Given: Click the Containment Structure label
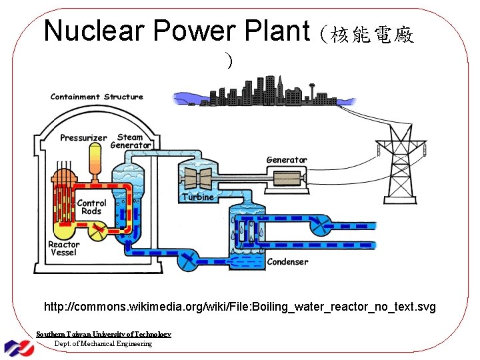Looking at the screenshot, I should tap(97, 97).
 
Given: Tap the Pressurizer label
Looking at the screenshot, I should tap(83, 138).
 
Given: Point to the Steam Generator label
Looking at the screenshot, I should tap(131, 141).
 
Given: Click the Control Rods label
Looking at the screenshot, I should tap(91, 207).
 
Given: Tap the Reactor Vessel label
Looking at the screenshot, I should tap(63, 248).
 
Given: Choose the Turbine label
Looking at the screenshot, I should tap(198, 197).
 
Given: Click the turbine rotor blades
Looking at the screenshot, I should tap(198, 178).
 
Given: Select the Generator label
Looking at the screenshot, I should tap(287, 160).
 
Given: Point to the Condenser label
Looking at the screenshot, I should tap(287, 262).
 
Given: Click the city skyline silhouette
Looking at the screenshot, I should tap(267, 94).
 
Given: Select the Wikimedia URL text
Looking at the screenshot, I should tap(240, 307).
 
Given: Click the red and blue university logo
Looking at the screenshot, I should tap(19, 346).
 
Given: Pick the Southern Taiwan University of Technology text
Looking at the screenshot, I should tap(103, 334).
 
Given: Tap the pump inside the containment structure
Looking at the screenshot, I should tap(99, 231).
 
